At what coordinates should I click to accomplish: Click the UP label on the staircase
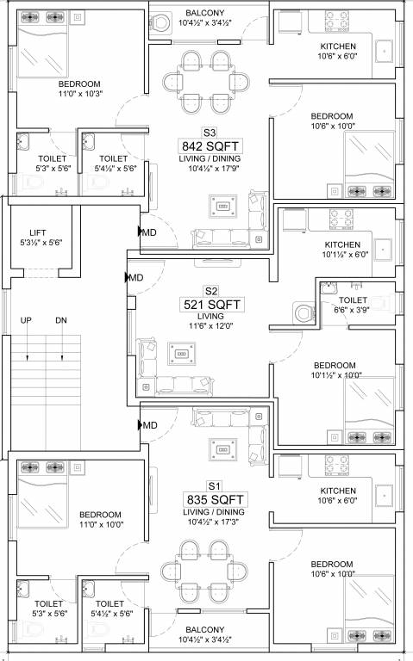[x=28, y=320]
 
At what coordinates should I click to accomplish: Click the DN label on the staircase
[x=60, y=320]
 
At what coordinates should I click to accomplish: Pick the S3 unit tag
[x=209, y=133]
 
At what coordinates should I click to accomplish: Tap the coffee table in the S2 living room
[x=182, y=354]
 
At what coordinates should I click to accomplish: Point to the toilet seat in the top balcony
[x=160, y=24]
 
